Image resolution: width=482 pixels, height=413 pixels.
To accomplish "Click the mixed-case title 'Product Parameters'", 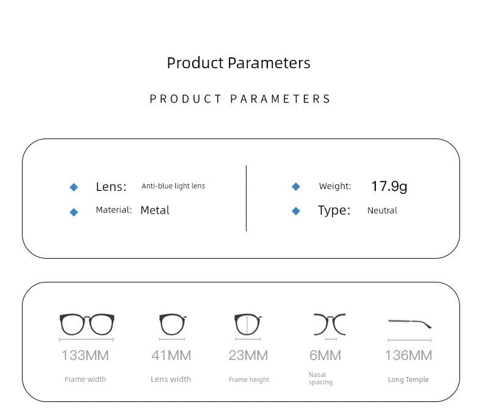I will click(239, 63).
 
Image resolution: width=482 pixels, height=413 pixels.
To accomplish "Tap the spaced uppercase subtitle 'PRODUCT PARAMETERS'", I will click(240, 99).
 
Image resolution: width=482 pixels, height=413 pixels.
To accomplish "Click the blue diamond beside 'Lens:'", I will click(74, 187).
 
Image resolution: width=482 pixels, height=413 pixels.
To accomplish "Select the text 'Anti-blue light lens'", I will click(173, 186).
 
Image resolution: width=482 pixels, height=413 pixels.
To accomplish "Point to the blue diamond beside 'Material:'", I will click(74, 212).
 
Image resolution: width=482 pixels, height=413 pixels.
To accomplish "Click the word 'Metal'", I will click(155, 210).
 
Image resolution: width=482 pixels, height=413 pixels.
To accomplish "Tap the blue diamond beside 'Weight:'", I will click(296, 187).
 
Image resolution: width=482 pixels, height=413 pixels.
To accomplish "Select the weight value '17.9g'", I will click(389, 186).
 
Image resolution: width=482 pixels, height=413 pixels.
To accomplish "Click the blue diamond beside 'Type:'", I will click(296, 211).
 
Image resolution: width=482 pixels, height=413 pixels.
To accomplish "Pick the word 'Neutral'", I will click(382, 210).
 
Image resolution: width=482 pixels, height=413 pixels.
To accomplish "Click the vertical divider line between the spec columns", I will click(246, 198).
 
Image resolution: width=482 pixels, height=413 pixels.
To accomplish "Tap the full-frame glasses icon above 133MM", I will click(87, 324).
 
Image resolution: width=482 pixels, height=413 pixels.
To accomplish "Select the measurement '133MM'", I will click(85, 355).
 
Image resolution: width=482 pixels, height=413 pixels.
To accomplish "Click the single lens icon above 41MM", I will click(173, 324).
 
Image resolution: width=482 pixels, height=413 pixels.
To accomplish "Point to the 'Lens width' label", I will click(171, 379).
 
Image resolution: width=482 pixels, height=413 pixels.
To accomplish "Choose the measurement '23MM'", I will click(248, 355).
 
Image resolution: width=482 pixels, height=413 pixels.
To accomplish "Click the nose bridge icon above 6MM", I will click(329, 324).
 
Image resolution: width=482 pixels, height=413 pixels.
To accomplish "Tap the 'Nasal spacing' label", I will click(320, 379).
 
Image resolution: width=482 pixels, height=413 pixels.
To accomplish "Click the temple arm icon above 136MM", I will click(410, 322).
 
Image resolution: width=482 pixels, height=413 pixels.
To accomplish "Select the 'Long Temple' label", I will click(408, 379).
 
